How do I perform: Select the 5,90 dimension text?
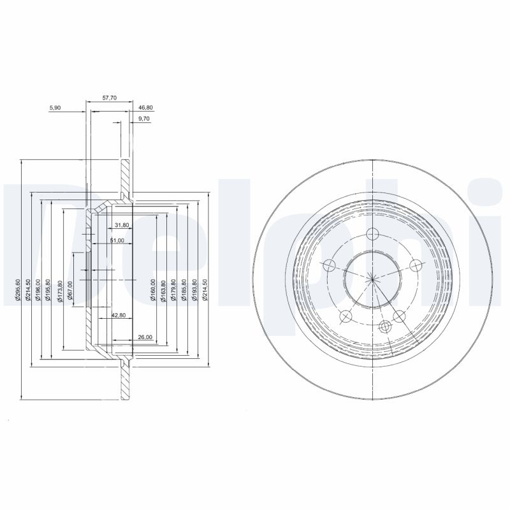pos(55,108)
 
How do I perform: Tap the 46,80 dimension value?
pos(146,108)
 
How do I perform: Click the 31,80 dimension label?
pos(122,225)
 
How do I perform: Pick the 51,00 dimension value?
pos(117,240)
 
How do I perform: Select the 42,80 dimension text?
pos(119,315)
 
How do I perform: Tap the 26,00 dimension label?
pos(143,337)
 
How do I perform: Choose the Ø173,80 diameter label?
pos(59,290)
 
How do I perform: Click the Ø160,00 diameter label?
pos(153,290)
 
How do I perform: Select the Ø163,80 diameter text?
pos(164,290)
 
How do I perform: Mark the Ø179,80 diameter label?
pos(174,290)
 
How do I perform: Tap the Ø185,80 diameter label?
pos(184,290)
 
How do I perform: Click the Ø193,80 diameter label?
pos(194,290)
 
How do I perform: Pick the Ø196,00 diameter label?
pos(38,290)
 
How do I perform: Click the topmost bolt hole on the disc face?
pos(373,232)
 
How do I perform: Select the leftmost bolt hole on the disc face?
pos(330,265)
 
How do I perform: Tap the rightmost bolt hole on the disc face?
pos(416,265)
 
